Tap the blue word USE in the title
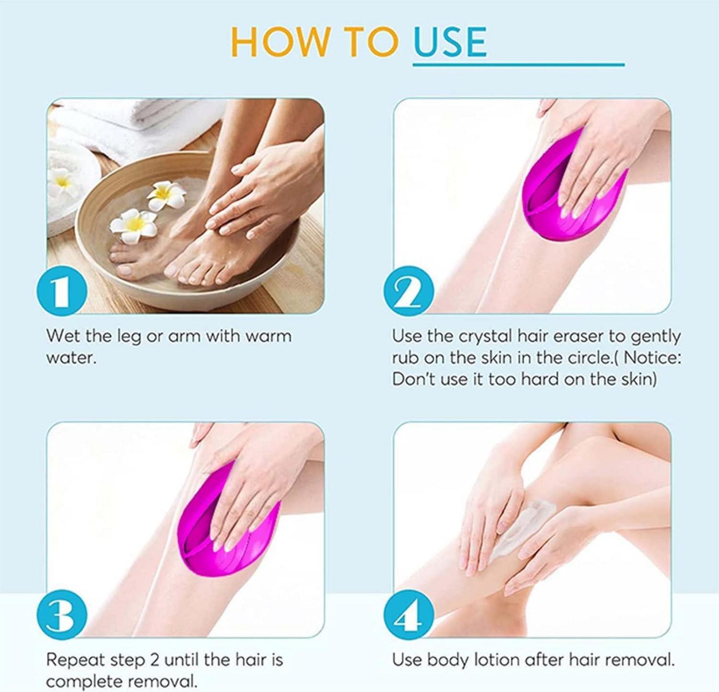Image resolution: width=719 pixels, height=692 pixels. [x=450, y=42]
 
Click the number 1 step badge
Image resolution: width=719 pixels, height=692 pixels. [x=62, y=292]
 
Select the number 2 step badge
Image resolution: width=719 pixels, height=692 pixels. [x=409, y=292]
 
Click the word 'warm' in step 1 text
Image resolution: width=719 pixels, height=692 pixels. [x=268, y=336]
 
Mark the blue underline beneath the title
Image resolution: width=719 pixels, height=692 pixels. [x=518, y=65]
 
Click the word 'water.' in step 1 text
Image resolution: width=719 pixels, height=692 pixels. [x=71, y=358]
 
